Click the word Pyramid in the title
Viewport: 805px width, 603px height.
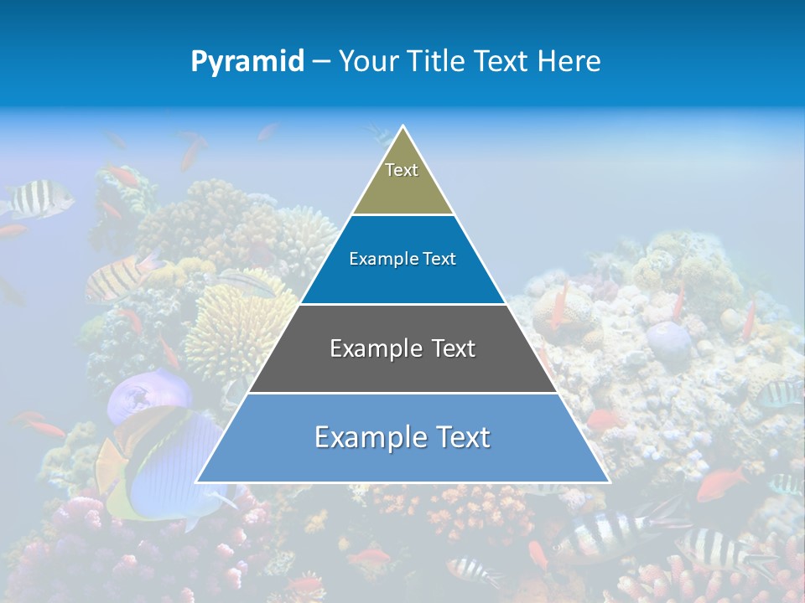coord(247,62)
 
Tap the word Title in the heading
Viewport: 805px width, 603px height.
coord(435,61)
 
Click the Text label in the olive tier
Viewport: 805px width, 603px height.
coord(402,170)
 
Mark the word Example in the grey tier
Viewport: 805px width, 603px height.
coord(375,348)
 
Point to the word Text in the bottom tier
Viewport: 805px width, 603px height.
coord(458,437)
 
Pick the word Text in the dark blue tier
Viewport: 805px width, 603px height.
coord(440,260)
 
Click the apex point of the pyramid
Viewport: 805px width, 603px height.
coord(403,127)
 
